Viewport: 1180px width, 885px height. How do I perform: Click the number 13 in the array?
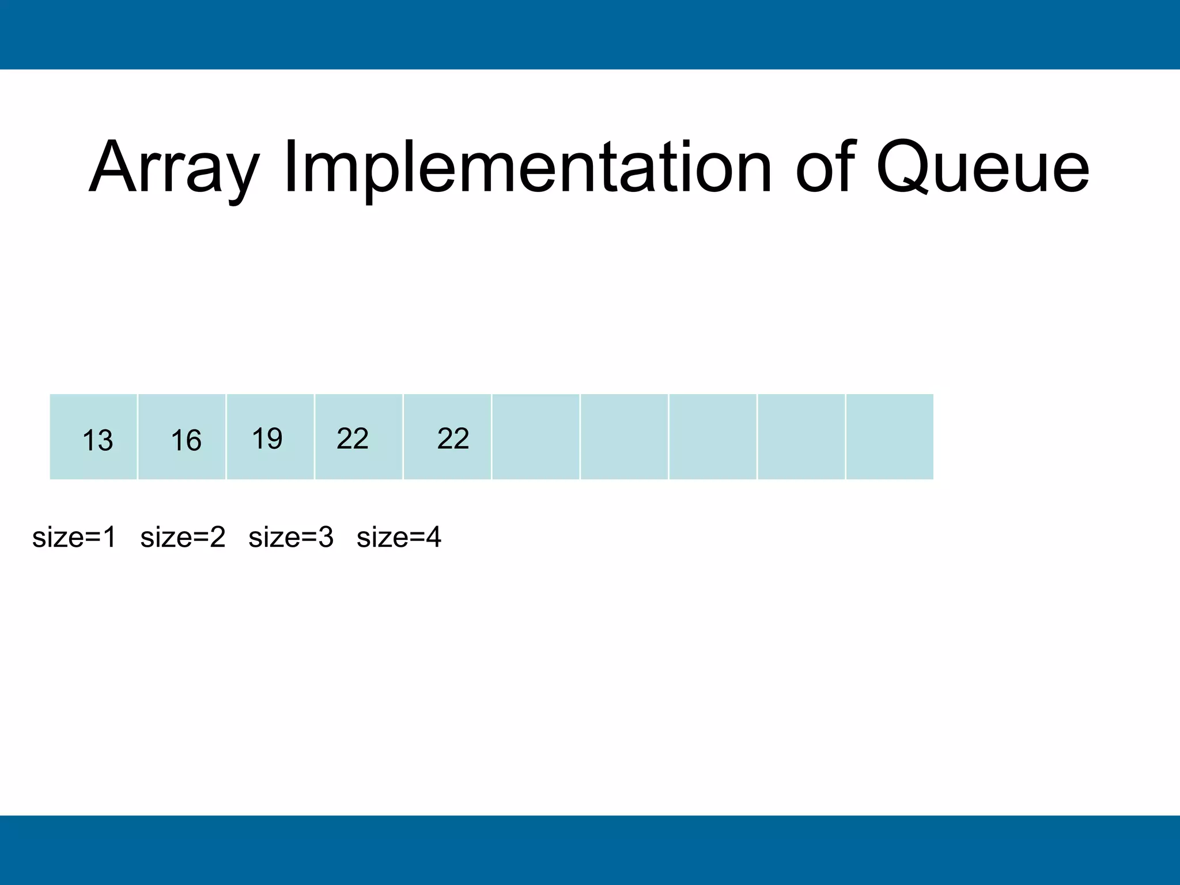97,441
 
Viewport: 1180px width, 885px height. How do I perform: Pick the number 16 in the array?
186,441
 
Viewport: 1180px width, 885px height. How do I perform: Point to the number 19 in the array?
267,438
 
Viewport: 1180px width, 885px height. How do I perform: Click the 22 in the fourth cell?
352,438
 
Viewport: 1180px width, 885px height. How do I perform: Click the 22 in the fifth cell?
453,438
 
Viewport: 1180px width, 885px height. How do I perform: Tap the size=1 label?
74,537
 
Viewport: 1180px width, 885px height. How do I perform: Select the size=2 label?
182,537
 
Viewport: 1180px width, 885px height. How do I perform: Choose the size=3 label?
290,537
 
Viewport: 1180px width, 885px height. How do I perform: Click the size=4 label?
399,537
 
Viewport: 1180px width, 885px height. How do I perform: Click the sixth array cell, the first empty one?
535,437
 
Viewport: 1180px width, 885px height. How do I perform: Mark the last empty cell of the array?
889,437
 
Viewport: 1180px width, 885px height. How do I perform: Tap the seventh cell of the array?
624,437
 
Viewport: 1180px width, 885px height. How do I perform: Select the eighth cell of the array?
712,437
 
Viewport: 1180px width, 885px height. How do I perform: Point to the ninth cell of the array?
801,437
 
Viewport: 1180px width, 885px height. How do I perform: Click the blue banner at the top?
590,35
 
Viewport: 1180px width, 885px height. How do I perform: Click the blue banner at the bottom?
590,850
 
